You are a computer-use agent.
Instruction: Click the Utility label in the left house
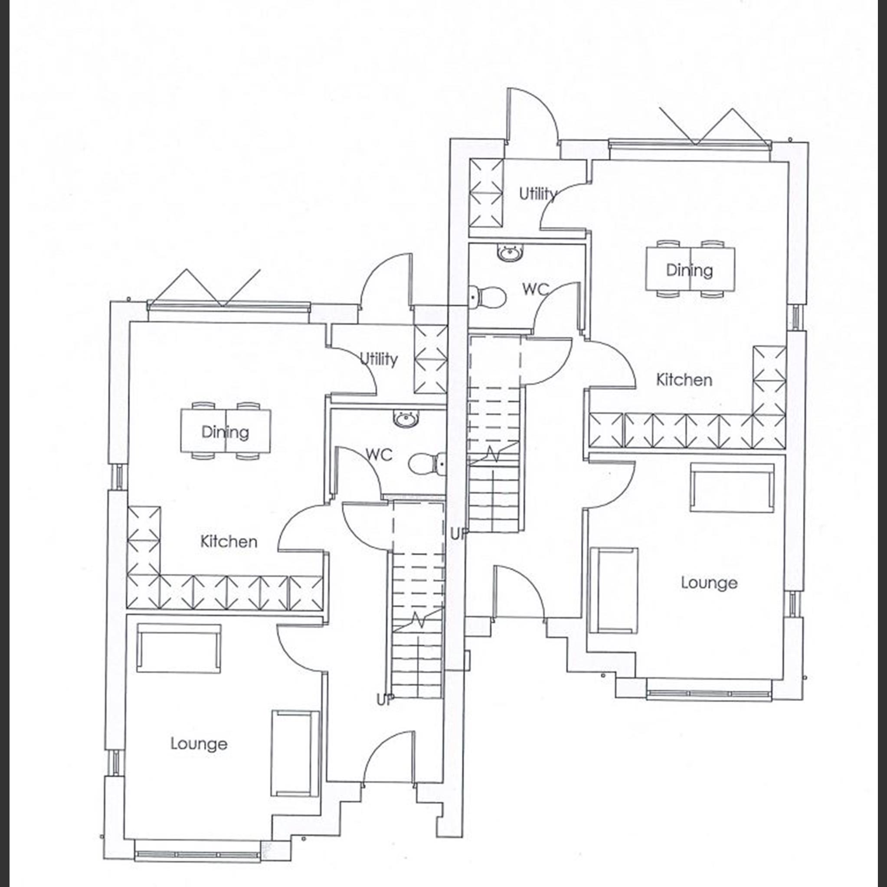point(378,359)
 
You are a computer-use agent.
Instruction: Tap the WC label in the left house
point(379,455)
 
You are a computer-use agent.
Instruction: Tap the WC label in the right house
point(535,289)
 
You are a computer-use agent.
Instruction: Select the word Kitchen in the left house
point(229,542)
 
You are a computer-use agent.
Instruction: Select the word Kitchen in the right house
point(684,380)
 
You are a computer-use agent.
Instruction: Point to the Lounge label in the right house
point(709,583)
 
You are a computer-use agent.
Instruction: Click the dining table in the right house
point(690,269)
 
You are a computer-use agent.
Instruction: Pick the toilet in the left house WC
point(426,464)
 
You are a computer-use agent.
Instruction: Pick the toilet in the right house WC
point(487,297)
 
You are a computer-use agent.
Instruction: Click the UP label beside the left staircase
point(385,700)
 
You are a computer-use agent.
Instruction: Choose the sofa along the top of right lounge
point(732,488)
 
